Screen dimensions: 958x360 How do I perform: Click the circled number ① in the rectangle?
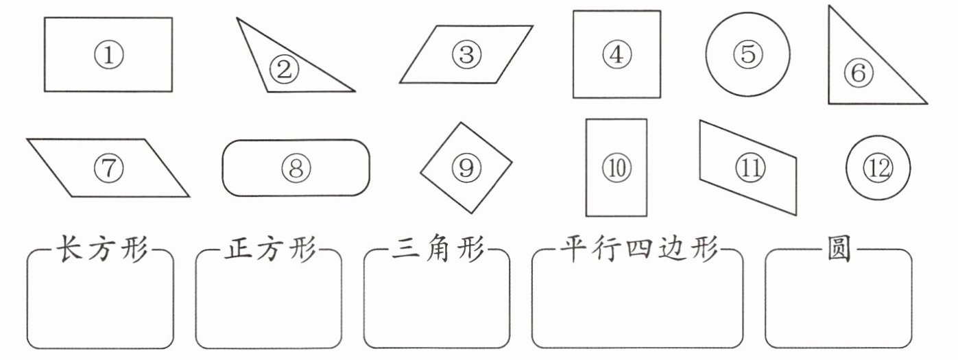point(108,55)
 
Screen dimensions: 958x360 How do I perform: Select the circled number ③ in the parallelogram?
point(466,54)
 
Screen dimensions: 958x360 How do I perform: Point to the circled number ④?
point(616,54)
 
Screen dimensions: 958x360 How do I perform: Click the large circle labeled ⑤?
point(747,54)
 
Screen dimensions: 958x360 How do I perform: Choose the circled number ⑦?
point(108,168)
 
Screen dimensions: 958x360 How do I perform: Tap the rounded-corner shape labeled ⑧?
point(296,168)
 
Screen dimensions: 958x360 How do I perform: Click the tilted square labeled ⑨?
point(466,167)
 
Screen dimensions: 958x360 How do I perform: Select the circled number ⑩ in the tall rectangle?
point(616,168)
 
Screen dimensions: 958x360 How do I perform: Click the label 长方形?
point(101,250)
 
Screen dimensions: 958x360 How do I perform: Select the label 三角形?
point(438,250)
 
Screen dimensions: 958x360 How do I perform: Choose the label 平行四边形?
point(638,250)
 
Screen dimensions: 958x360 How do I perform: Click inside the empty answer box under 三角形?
point(437,305)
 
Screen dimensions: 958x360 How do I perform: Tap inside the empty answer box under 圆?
point(838,305)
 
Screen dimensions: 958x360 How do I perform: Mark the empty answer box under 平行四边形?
point(637,305)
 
